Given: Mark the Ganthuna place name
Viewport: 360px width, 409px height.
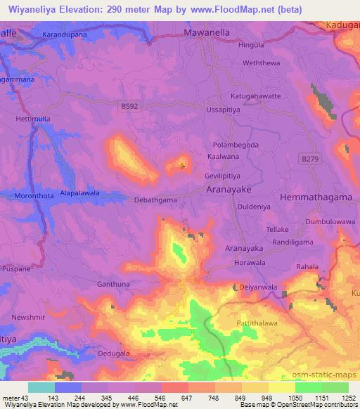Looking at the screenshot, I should click(113, 284).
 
